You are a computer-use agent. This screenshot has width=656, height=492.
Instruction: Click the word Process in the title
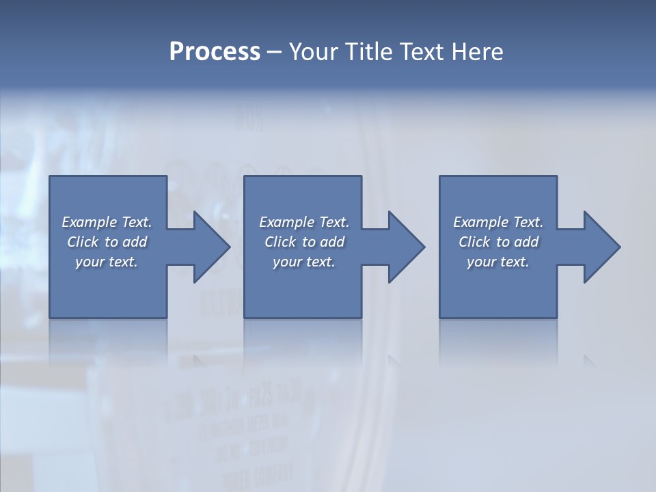click(x=215, y=52)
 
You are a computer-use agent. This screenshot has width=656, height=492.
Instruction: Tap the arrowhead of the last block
click(x=601, y=247)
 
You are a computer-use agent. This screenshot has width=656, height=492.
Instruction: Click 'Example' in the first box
click(x=90, y=222)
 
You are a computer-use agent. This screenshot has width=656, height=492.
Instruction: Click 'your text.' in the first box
click(x=107, y=262)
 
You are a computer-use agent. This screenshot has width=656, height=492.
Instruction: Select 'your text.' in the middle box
click(x=304, y=262)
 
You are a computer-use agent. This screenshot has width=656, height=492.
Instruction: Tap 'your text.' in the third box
click(x=498, y=262)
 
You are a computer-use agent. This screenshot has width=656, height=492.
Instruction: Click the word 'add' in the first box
click(x=135, y=242)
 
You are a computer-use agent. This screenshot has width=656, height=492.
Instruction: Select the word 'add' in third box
click(x=526, y=242)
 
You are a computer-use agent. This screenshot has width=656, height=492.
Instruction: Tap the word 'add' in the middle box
click(x=332, y=242)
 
